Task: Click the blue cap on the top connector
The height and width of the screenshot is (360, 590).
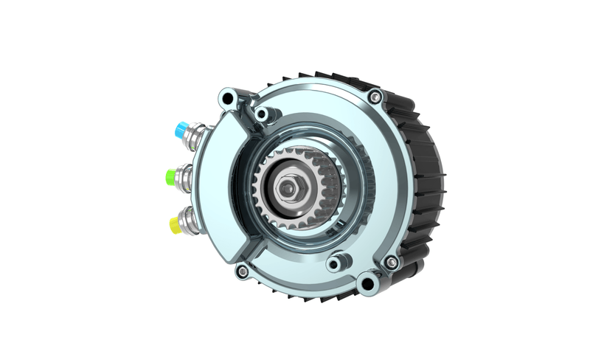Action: pyautogui.click(x=179, y=129)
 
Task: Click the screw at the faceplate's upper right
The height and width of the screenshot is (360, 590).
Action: pyautogui.click(x=375, y=96)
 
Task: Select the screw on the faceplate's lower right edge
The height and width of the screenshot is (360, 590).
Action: pyautogui.click(x=392, y=262)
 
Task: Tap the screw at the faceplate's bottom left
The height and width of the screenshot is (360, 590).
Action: pyautogui.click(x=242, y=271)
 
